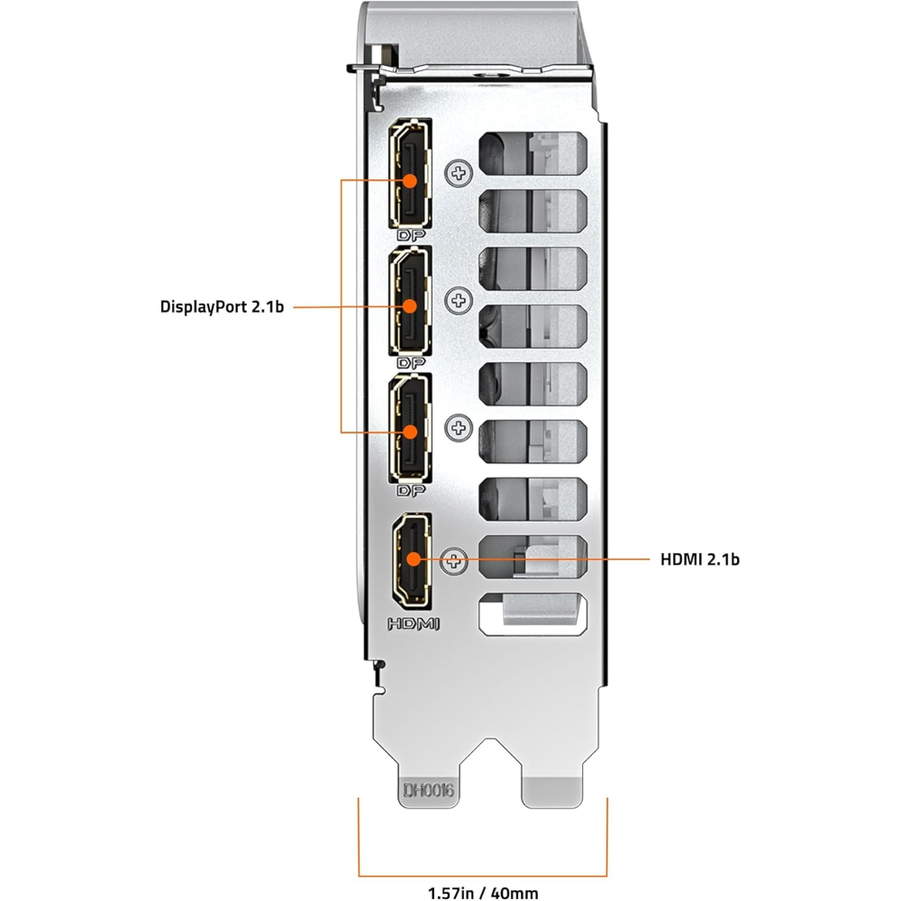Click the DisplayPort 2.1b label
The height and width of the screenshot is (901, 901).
tap(223, 306)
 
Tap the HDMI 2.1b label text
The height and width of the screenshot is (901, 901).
tap(699, 560)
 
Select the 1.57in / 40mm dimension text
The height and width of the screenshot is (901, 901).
tap(483, 893)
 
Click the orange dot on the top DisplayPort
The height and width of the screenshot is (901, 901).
tap(410, 180)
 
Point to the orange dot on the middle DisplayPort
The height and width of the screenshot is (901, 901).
tap(410, 306)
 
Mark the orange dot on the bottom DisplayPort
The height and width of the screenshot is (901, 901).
tap(410, 432)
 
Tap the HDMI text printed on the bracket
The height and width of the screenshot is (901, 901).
tap(413, 623)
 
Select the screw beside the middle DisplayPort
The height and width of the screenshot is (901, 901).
tap(460, 298)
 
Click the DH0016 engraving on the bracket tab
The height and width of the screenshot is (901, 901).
tap(429, 792)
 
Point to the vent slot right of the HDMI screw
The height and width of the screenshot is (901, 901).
tap(533, 552)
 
